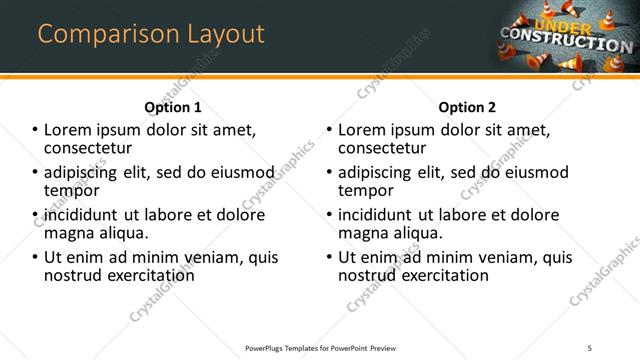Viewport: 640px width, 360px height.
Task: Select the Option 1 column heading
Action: (173, 107)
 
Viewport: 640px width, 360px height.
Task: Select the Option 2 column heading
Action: (467, 107)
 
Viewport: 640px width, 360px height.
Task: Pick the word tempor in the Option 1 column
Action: (70, 190)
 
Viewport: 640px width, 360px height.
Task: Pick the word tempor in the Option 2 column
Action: (365, 190)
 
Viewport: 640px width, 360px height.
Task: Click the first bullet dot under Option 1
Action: (36, 130)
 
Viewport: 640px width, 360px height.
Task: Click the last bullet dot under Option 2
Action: (331, 257)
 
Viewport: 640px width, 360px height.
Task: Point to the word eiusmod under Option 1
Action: (237, 172)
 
